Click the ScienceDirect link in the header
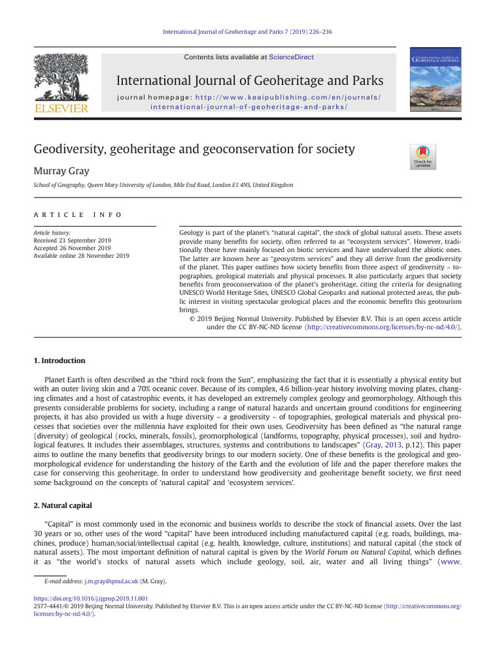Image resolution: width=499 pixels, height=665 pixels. tap(291, 57)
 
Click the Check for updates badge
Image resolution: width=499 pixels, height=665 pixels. tap(423, 157)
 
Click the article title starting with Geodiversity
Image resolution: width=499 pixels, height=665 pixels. tap(194, 149)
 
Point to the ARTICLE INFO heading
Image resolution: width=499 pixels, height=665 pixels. tap(77, 215)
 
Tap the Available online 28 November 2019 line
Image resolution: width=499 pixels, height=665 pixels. tap(81, 256)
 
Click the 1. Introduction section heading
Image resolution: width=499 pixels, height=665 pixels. tap(59, 360)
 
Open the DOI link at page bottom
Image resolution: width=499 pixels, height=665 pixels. tap(90, 598)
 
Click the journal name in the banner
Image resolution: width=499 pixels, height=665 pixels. tap(249, 81)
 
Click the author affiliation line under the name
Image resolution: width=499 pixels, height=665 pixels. tap(163, 185)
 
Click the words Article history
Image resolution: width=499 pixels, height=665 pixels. tap(52, 232)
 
